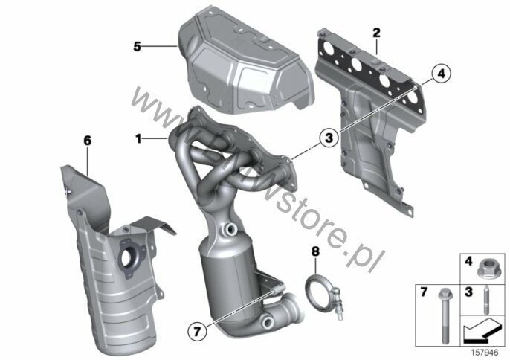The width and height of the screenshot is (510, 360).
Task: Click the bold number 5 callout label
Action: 137,47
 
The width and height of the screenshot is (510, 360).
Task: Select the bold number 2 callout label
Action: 376,33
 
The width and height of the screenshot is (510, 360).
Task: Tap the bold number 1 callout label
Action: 138,139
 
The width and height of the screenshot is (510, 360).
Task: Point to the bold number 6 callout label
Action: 87,141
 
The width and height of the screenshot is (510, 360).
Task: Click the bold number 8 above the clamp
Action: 315,251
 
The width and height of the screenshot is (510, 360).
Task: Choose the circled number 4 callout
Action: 441,74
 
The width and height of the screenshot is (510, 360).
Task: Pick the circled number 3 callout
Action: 329,138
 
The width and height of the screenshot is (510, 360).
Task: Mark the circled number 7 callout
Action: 197,332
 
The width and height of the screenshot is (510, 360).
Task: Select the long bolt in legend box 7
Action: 444,315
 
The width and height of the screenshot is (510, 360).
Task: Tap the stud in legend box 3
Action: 486,300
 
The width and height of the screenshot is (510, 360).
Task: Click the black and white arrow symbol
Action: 482,330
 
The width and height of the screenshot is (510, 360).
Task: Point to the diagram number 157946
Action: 485,353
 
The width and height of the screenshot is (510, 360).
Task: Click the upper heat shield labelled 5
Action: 243,62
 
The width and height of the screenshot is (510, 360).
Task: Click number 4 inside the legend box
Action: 468,261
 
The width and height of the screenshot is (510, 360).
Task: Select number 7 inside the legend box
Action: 423,292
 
